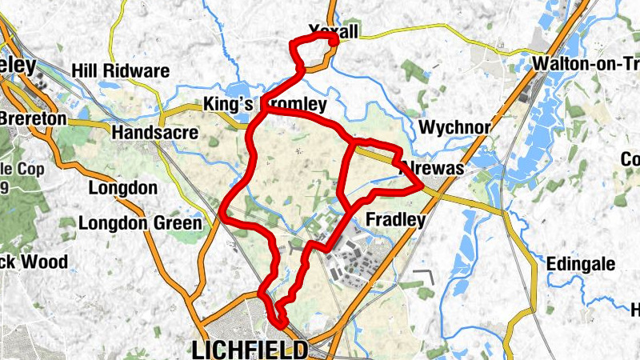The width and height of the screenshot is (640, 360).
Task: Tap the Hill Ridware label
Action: [120, 71]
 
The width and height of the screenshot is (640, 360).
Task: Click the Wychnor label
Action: [448, 127]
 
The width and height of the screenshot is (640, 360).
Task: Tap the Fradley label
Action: [394, 219]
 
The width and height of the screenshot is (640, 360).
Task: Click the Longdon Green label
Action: [140, 223]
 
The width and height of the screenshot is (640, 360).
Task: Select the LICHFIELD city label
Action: [250, 349]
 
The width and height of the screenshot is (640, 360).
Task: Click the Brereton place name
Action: [33, 118]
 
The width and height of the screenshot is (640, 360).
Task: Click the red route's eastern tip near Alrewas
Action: [422, 187]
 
